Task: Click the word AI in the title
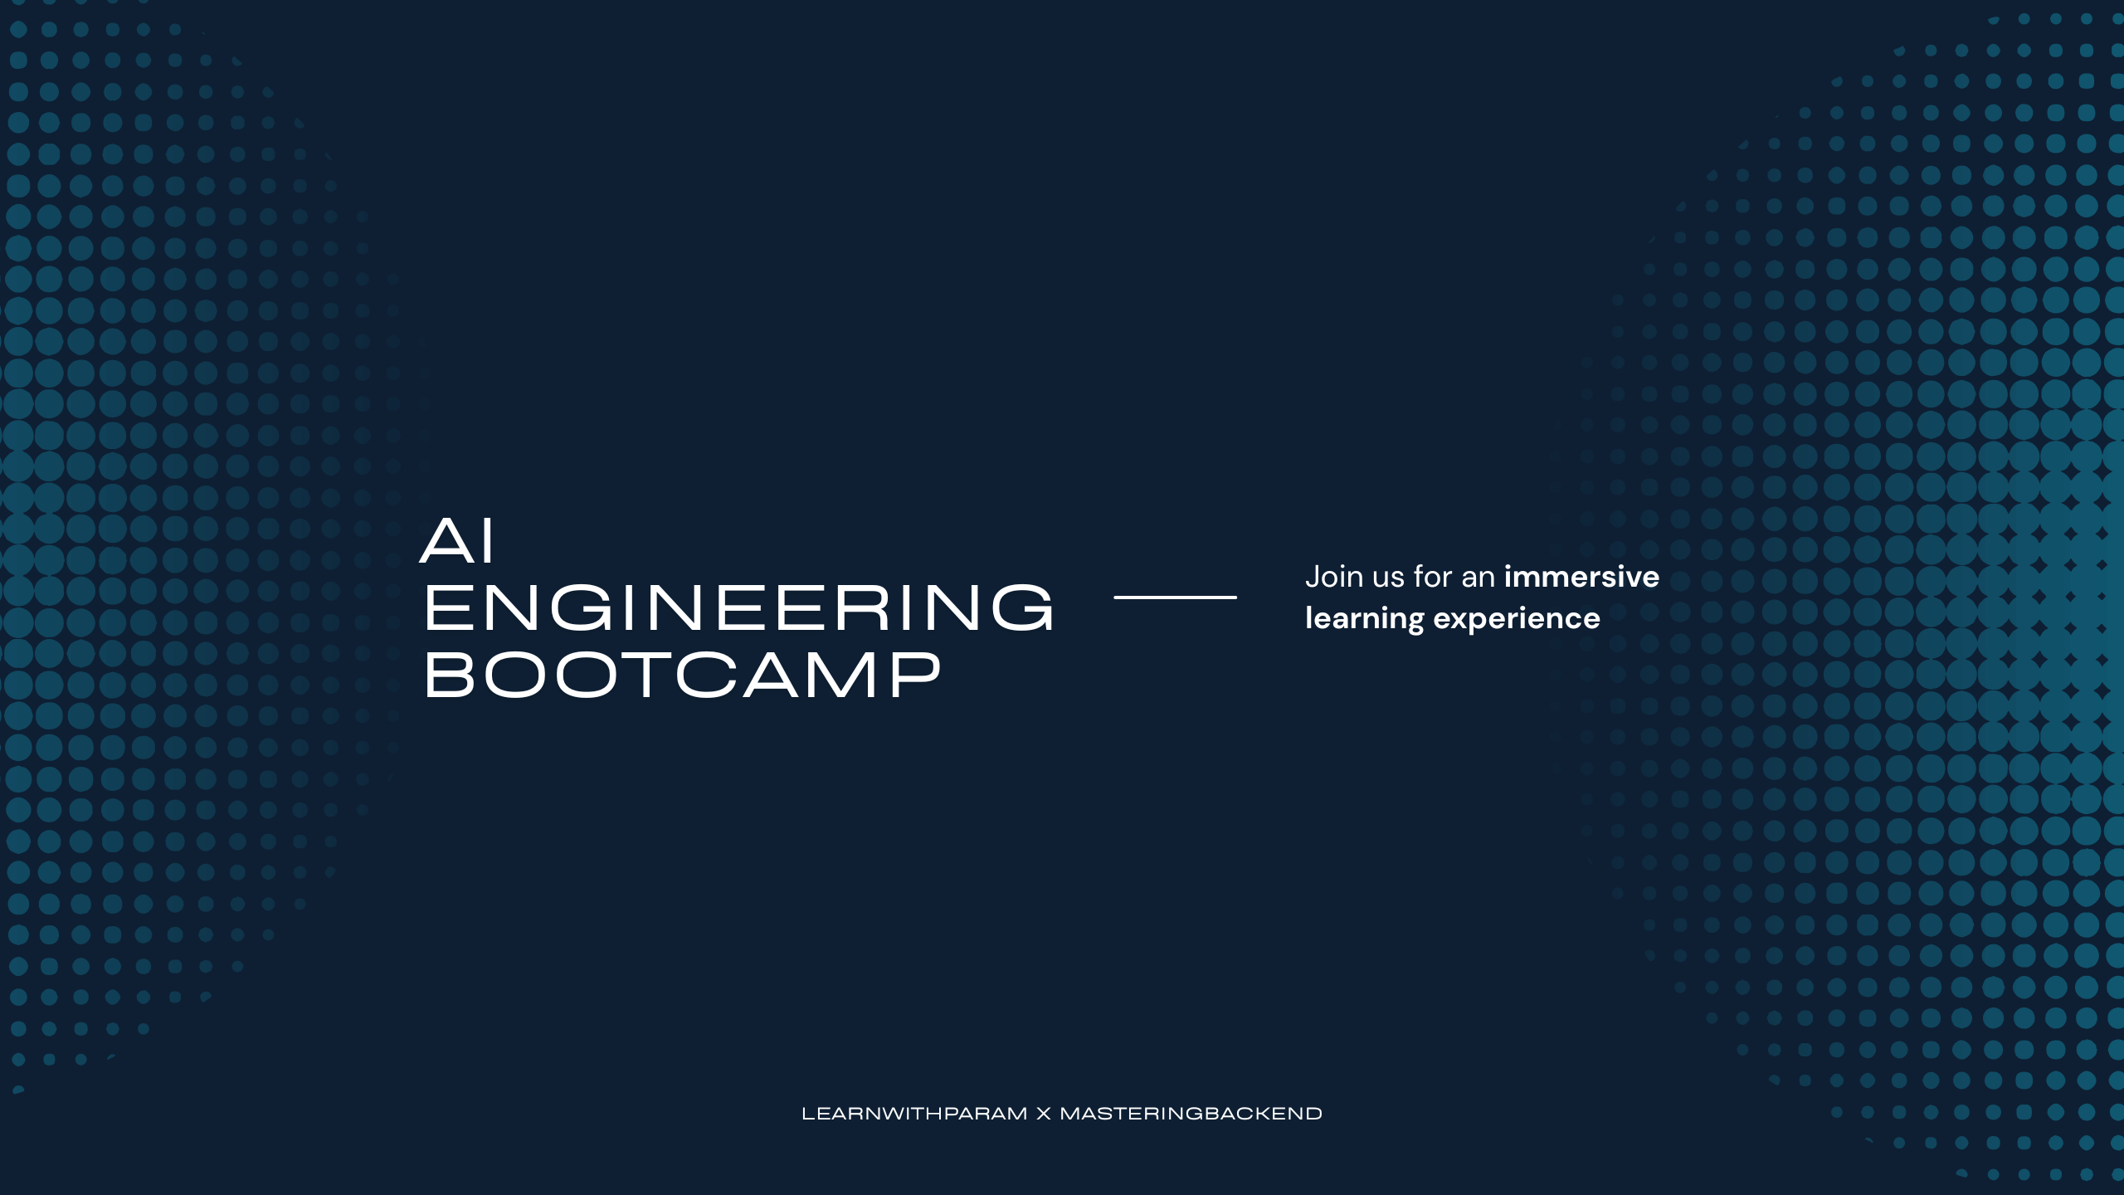(457, 541)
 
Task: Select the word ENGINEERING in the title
(738, 607)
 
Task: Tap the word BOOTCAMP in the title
(683, 675)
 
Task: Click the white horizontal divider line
(1175, 597)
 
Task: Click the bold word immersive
(1581, 577)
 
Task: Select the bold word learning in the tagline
(1364, 619)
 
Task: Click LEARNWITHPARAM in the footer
(914, 1114)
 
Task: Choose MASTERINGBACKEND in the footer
(1191, 1114)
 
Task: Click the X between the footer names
(1044, 1114)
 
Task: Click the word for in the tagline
(1434, 577)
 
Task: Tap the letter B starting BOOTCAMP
(446, 675)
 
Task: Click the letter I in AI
(489, 541)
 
